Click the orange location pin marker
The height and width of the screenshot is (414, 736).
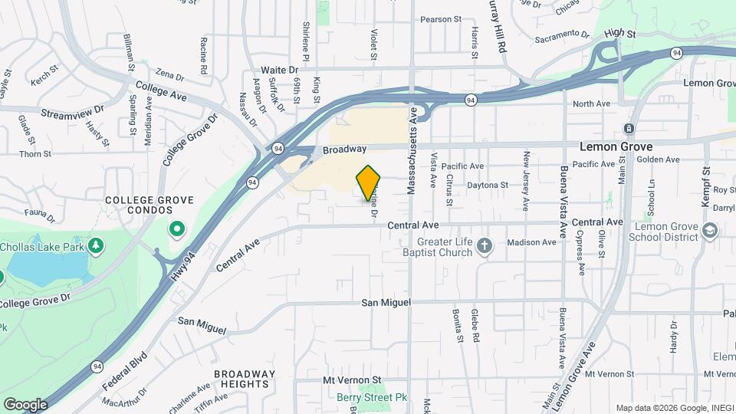(x=368, y=183)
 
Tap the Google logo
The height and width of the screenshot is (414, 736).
(x=25, y=404)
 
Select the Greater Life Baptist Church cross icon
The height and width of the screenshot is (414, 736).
(x=484, y=246)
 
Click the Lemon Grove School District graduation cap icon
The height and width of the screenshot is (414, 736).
(x=710, y=229)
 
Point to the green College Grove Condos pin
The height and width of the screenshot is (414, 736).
(x=177, y=229)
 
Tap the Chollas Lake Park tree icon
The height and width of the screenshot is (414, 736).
(x=97, y=246)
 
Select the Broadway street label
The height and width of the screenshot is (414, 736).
(x=344, y=149)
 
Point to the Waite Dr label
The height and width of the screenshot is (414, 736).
(x=279, y=69)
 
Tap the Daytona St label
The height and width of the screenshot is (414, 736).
(x=488, y=185)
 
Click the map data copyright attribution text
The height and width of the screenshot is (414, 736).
(x=672, y=407)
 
